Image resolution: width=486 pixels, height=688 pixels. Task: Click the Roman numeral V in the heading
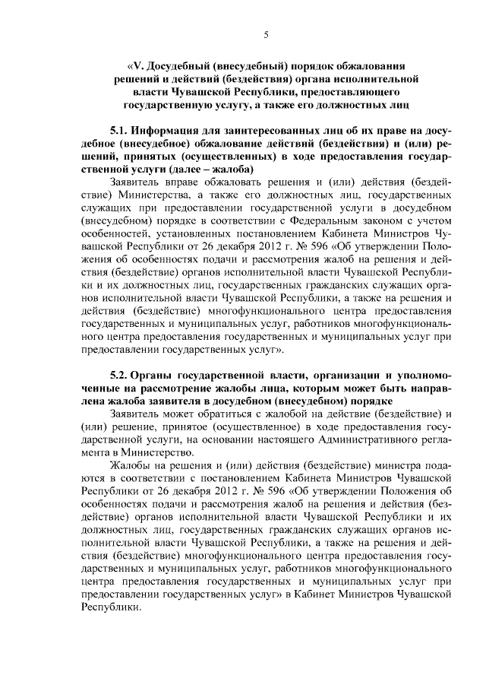coord(139,65)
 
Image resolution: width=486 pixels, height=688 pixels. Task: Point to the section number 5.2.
coord(119,377)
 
